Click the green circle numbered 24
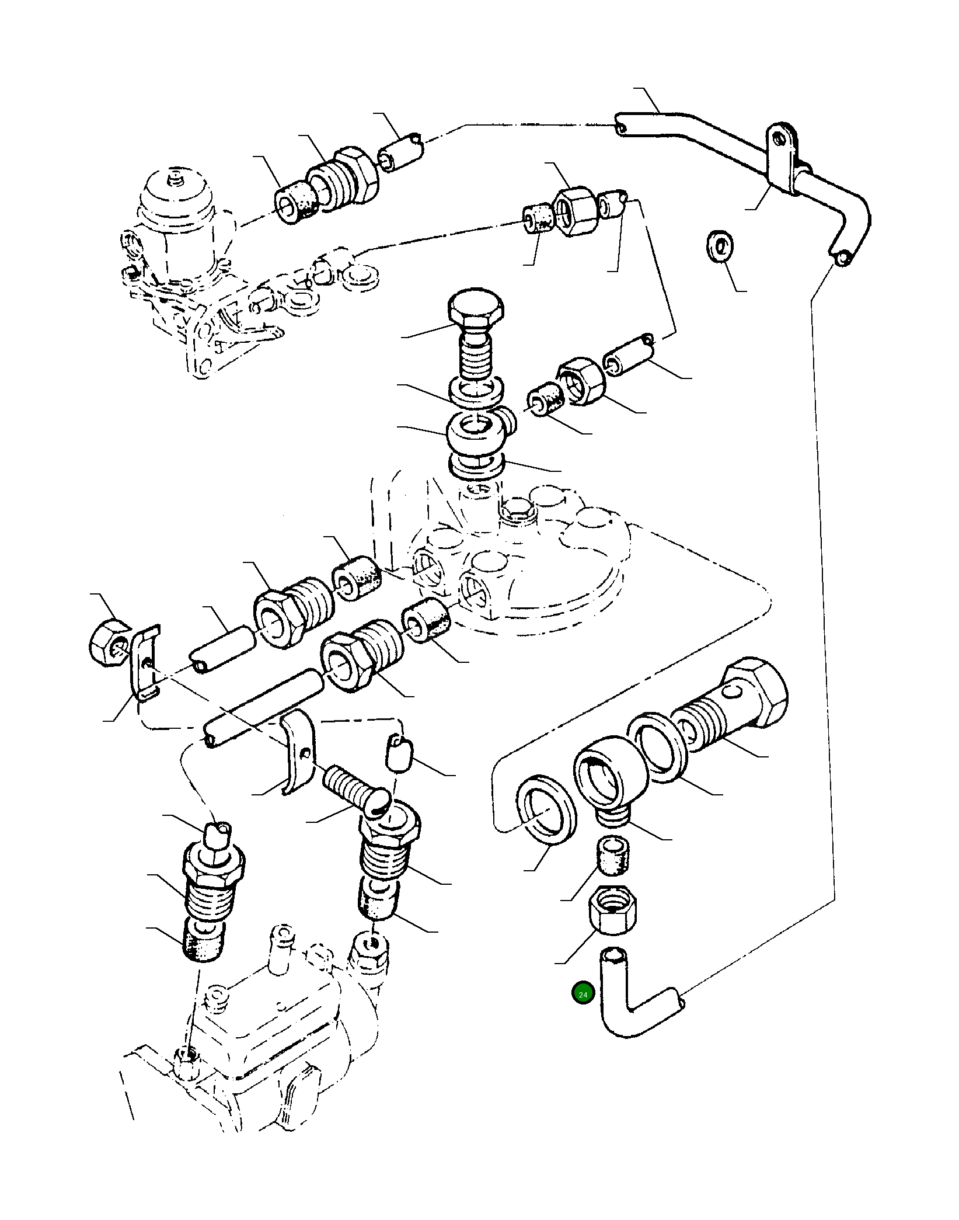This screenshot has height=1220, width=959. tap(583, 993)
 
